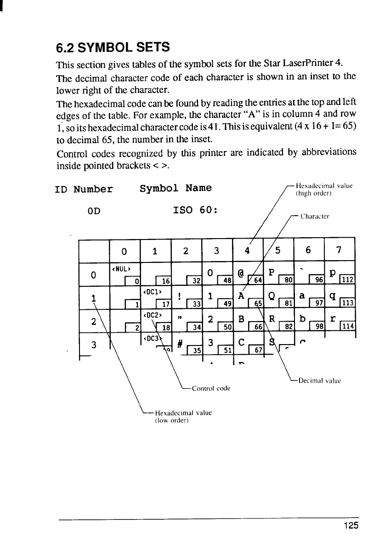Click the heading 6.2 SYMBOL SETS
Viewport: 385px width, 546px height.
tap(113, 47)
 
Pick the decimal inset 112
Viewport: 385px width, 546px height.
tap(348, 279)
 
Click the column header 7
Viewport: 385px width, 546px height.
tap(339, 251)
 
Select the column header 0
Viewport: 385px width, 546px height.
tap(124, 251)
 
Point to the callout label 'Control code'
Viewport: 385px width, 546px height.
tap(211, 388)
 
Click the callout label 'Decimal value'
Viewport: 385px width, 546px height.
tap(320, 380)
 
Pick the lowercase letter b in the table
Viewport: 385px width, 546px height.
tap(302, 319)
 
